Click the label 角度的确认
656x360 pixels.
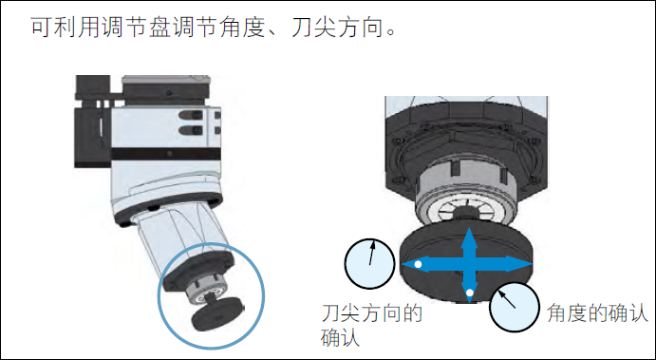597,313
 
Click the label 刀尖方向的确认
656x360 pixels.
371,326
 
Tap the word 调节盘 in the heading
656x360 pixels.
135,28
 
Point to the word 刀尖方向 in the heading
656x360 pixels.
337,28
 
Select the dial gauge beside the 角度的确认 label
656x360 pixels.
515,307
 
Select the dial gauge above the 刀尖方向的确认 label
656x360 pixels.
370,264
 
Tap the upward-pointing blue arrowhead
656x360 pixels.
469,237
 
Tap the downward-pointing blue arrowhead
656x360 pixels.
469,292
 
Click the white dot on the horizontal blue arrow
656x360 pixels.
418,264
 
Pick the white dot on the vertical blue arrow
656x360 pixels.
470,293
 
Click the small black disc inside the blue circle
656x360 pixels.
217,313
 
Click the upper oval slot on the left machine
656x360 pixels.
191,115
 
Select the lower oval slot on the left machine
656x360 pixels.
191,130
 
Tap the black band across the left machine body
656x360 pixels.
166,154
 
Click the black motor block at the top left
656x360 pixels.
92,122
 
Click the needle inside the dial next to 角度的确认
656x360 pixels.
507,300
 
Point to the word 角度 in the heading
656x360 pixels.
243,28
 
